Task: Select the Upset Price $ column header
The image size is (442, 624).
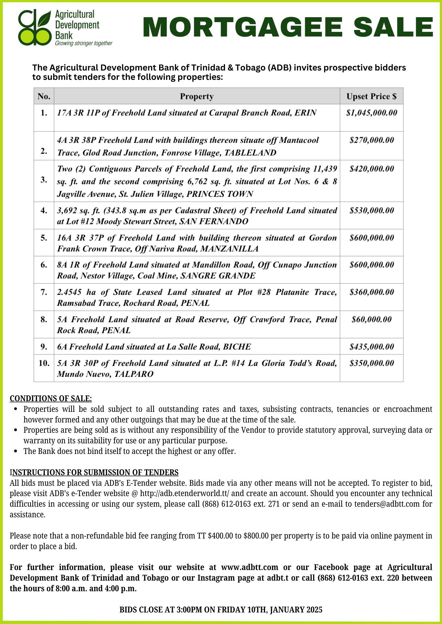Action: click(x=371, y=96)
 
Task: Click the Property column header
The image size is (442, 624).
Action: click(x=197, y=96)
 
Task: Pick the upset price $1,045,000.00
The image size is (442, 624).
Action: click(x=371, y=113)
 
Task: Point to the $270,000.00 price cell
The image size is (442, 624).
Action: click(x=371, y=140)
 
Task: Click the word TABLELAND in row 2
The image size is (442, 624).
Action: click(x=250, y=153)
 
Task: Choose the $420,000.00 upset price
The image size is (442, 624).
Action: click(x=371, y=169)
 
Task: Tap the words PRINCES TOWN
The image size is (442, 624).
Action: click(x=220, y=194)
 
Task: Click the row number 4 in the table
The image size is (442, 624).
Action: click(x=44, y=211)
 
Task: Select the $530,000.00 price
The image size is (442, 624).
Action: click(x=371, y=211)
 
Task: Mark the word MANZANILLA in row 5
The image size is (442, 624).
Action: click(x=229, y=249)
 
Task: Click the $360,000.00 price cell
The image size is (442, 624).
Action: click(x=371, y=292)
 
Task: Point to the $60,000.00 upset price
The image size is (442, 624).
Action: click(x=371, y=319)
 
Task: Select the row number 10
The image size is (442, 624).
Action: click(x=44, y=363)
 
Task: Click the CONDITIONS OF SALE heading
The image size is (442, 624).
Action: click(x=51, y=398)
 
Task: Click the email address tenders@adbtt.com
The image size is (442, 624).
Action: click(x=387, y=504)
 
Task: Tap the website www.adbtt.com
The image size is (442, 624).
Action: click(x=249, y=567)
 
